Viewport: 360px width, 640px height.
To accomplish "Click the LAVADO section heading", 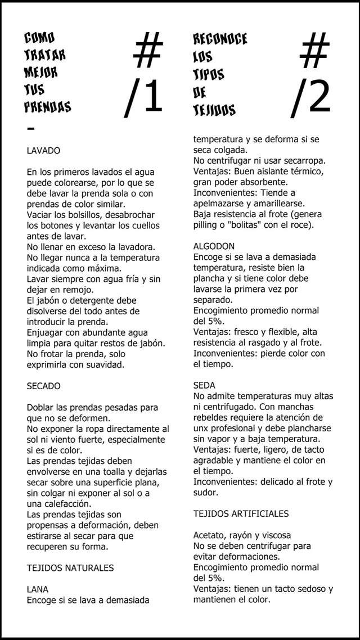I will (43, 151).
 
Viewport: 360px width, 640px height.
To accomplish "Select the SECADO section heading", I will (43, 386).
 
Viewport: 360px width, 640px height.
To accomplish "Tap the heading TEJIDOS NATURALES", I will (70, 568).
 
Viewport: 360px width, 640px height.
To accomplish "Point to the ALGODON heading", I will (214, 246).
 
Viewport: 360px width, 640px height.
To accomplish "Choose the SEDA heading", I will (204, 386).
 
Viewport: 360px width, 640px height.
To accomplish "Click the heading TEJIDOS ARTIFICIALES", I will (241, 513).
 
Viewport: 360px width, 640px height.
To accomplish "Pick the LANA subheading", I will (38, 589).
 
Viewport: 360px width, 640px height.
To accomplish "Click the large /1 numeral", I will (144, 96).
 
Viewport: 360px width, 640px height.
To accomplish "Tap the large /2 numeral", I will (311, 96).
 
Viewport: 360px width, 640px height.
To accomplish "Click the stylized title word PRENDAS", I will (48, 106).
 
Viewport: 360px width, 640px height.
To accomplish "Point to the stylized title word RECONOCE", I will (220, 39).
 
